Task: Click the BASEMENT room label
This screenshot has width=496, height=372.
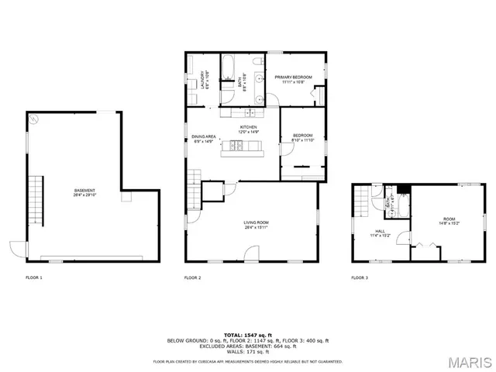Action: [x=84, y=191]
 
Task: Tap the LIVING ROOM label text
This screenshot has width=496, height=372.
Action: [x=256, y=223]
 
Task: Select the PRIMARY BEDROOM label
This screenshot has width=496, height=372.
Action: [x=294, y=77]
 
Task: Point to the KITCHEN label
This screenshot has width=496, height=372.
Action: [x=248, y=126]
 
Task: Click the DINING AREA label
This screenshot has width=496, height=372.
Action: [x=204, y=137]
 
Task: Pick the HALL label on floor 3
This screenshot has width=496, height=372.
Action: [x=381, y=230]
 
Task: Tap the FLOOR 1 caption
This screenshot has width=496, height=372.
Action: [x=34, y=277]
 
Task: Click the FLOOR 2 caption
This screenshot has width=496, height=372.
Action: [x=192, y=277]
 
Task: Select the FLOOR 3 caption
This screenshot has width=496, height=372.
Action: [x=360, y=277]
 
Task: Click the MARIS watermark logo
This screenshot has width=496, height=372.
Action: [x=468, y=361]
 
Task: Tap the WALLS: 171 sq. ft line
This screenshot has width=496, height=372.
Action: [x=247, y=352]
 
